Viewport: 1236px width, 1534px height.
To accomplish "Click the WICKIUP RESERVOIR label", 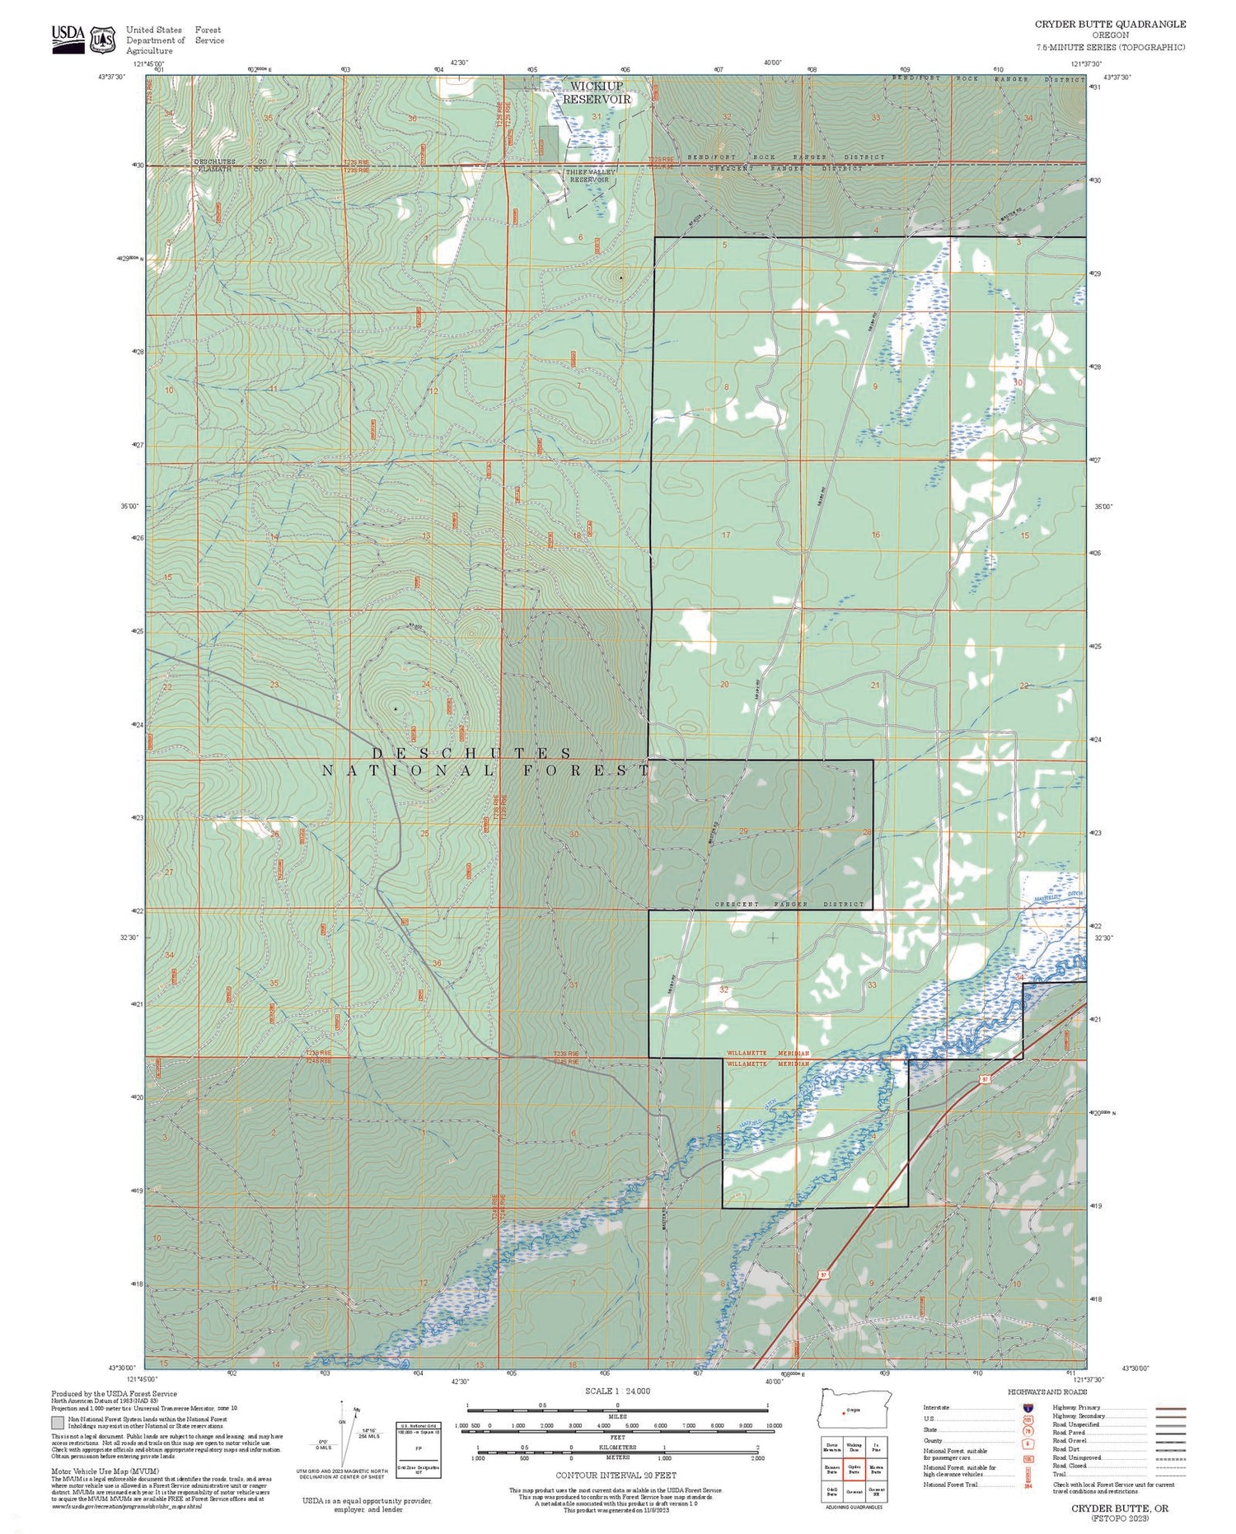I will (x=597, y=92).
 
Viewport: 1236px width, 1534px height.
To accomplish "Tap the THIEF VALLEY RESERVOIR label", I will (x=590, y=175).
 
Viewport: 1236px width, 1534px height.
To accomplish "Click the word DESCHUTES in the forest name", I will (x=471, y=753).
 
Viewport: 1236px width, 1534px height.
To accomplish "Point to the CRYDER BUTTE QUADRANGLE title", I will (x=1110, y=25).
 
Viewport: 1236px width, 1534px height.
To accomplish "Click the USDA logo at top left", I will (x=68, y=37).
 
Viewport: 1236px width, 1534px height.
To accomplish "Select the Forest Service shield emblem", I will (x=103, y=39).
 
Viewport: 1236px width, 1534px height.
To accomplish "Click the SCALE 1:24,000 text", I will (x=617, y=1391).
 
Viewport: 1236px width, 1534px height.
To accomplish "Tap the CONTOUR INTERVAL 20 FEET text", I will (x=616, y=1476).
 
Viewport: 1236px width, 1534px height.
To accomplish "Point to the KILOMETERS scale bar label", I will (x=617, y=1447).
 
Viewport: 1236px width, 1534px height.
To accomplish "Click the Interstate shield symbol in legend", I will (x=1027, y=1408).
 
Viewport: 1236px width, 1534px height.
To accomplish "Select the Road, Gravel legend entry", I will (x=1071, y=1441).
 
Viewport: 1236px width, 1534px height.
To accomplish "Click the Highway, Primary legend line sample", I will (x=1171, y=1408).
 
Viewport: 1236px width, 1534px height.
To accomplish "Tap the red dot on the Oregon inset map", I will (x=844, y=1412).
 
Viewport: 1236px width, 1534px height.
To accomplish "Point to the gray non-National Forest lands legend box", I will (x=57, y=1423).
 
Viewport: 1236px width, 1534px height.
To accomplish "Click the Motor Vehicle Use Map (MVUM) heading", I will (x=105, y=1471).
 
